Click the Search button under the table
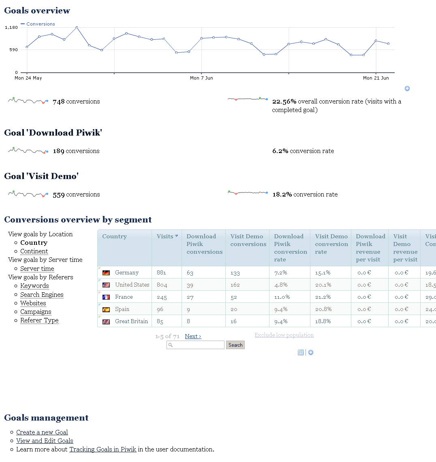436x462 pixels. [x=235, y=345]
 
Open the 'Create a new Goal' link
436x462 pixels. [x=42, y=432]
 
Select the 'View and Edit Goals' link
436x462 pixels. [x=45, y=441]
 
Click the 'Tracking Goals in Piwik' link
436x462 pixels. [x=103, y=449]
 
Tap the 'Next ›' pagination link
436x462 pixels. [x=193, y=336]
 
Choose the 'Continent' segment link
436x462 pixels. [x=34, y=251]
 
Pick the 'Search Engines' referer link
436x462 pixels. [x=42, y=295]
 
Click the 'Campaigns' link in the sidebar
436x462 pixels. [x=36, y=312]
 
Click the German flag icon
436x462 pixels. [x=106, y=273]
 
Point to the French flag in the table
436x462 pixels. [x=106, y=297]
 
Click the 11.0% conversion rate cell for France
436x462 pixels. [x=282, y=297]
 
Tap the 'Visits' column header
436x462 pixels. [x=165, y=236]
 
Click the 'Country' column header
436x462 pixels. [x=114, y=236]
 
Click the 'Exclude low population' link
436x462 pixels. [x=284, y=335]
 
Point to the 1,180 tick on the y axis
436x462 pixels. [x=11, y=28]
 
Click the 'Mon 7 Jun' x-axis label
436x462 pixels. [x=201, y=78]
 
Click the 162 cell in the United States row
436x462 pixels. [x=235, y=285]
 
